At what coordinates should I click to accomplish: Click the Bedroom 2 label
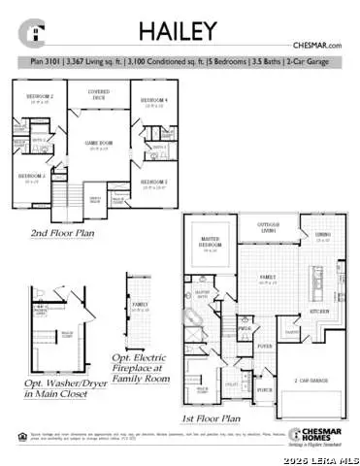[39, 98]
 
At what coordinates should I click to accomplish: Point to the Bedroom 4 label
[153, 101]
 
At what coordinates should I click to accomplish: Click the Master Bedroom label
[210, 245]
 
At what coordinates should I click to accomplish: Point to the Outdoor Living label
[268, 229]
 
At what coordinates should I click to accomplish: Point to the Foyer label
[264, 346]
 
